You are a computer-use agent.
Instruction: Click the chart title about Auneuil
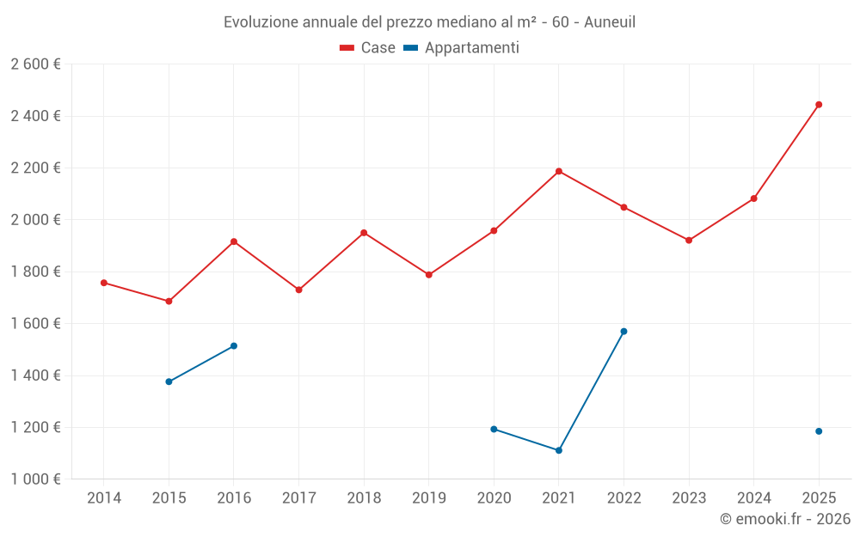click(429, 22)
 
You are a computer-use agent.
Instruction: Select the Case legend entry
click(368, 48)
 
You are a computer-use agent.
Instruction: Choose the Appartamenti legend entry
click(462, 48)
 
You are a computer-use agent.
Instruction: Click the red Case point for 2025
click(819, 105)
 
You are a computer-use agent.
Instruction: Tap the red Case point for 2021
click(559, 171)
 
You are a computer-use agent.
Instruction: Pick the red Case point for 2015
click(169, 302)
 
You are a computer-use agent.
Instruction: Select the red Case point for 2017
click(298, 290)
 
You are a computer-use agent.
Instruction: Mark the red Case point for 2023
click(689, 241)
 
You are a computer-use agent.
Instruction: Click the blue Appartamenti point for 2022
click(623, 332)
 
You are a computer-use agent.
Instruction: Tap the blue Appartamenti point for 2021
click(559, 450)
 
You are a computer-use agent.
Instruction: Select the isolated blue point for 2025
click(819, 431)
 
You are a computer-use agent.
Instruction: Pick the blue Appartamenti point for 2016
click(234, 346)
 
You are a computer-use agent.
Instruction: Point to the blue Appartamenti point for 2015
click(169, 381)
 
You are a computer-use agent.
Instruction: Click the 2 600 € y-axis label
click(35, 64)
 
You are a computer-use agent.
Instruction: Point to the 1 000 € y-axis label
click(35, 479)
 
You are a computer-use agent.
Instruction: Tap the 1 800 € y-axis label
click(35, 272)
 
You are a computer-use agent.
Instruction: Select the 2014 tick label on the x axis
click(104, 498)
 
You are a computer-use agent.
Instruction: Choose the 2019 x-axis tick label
click(428, 498)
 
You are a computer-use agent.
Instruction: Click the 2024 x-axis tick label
click(753, 498)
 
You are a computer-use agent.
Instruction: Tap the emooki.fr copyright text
click(784, 519)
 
